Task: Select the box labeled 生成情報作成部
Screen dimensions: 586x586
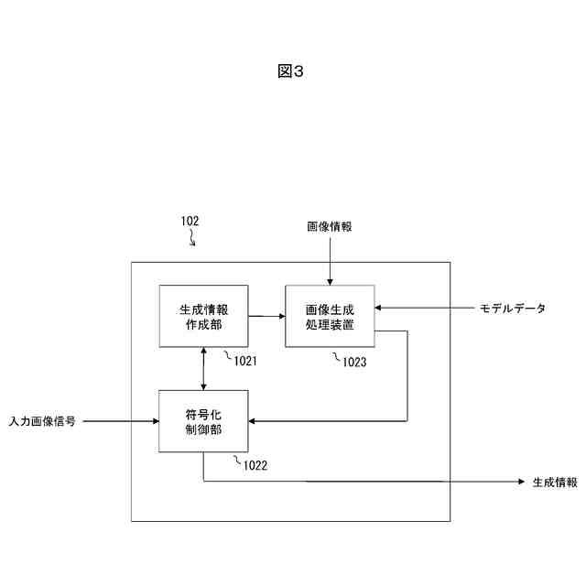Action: click(x=203, y=316)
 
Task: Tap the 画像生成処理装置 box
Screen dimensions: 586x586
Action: click(x=330, y=316)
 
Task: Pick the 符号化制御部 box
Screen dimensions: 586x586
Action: click(x=203, y=420)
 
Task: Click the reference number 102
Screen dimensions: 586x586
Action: click(x=190, y=221)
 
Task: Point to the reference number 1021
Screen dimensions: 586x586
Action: click(x=244, y=361)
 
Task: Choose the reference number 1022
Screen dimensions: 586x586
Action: click(x=255, y=465)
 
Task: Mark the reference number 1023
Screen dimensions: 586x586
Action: click(x=354, y=362)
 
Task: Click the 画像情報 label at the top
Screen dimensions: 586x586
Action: click(x=329, y=225)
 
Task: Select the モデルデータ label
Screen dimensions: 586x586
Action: click(x=513, y=309)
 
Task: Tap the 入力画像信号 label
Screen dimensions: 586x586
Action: click(x=42, y=421)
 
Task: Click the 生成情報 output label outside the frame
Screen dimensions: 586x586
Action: click(x=555, y=482)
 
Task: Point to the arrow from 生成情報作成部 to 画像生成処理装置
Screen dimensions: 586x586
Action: click(x=266, y=316)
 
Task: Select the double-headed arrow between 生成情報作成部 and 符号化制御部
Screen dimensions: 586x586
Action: click(x=203, y=368)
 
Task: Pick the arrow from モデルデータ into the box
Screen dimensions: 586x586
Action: click(x=421, y=309)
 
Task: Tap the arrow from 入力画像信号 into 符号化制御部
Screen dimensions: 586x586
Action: click(x=119, y=421)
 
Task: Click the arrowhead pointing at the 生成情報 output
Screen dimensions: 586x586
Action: click(x=515, y=482)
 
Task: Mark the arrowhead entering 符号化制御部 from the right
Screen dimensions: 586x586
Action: click(x=255, y=421)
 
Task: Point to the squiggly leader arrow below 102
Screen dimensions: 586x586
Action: click(x=192, y=239)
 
